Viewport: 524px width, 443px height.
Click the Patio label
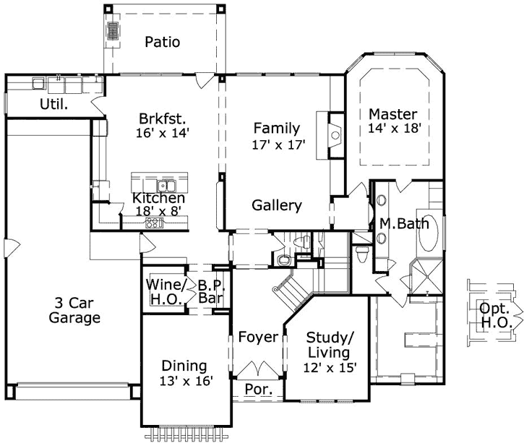point(161,42)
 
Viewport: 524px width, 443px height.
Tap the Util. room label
point(53,103)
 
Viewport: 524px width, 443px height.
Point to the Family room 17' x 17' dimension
point(276,144)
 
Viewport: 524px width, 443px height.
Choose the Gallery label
point(277,206)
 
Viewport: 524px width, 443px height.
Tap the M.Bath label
point(396,224)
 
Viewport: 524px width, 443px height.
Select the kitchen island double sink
point(166,184)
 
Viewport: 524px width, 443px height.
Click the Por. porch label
point(258,389)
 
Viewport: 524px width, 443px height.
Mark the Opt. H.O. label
point(494,315)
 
